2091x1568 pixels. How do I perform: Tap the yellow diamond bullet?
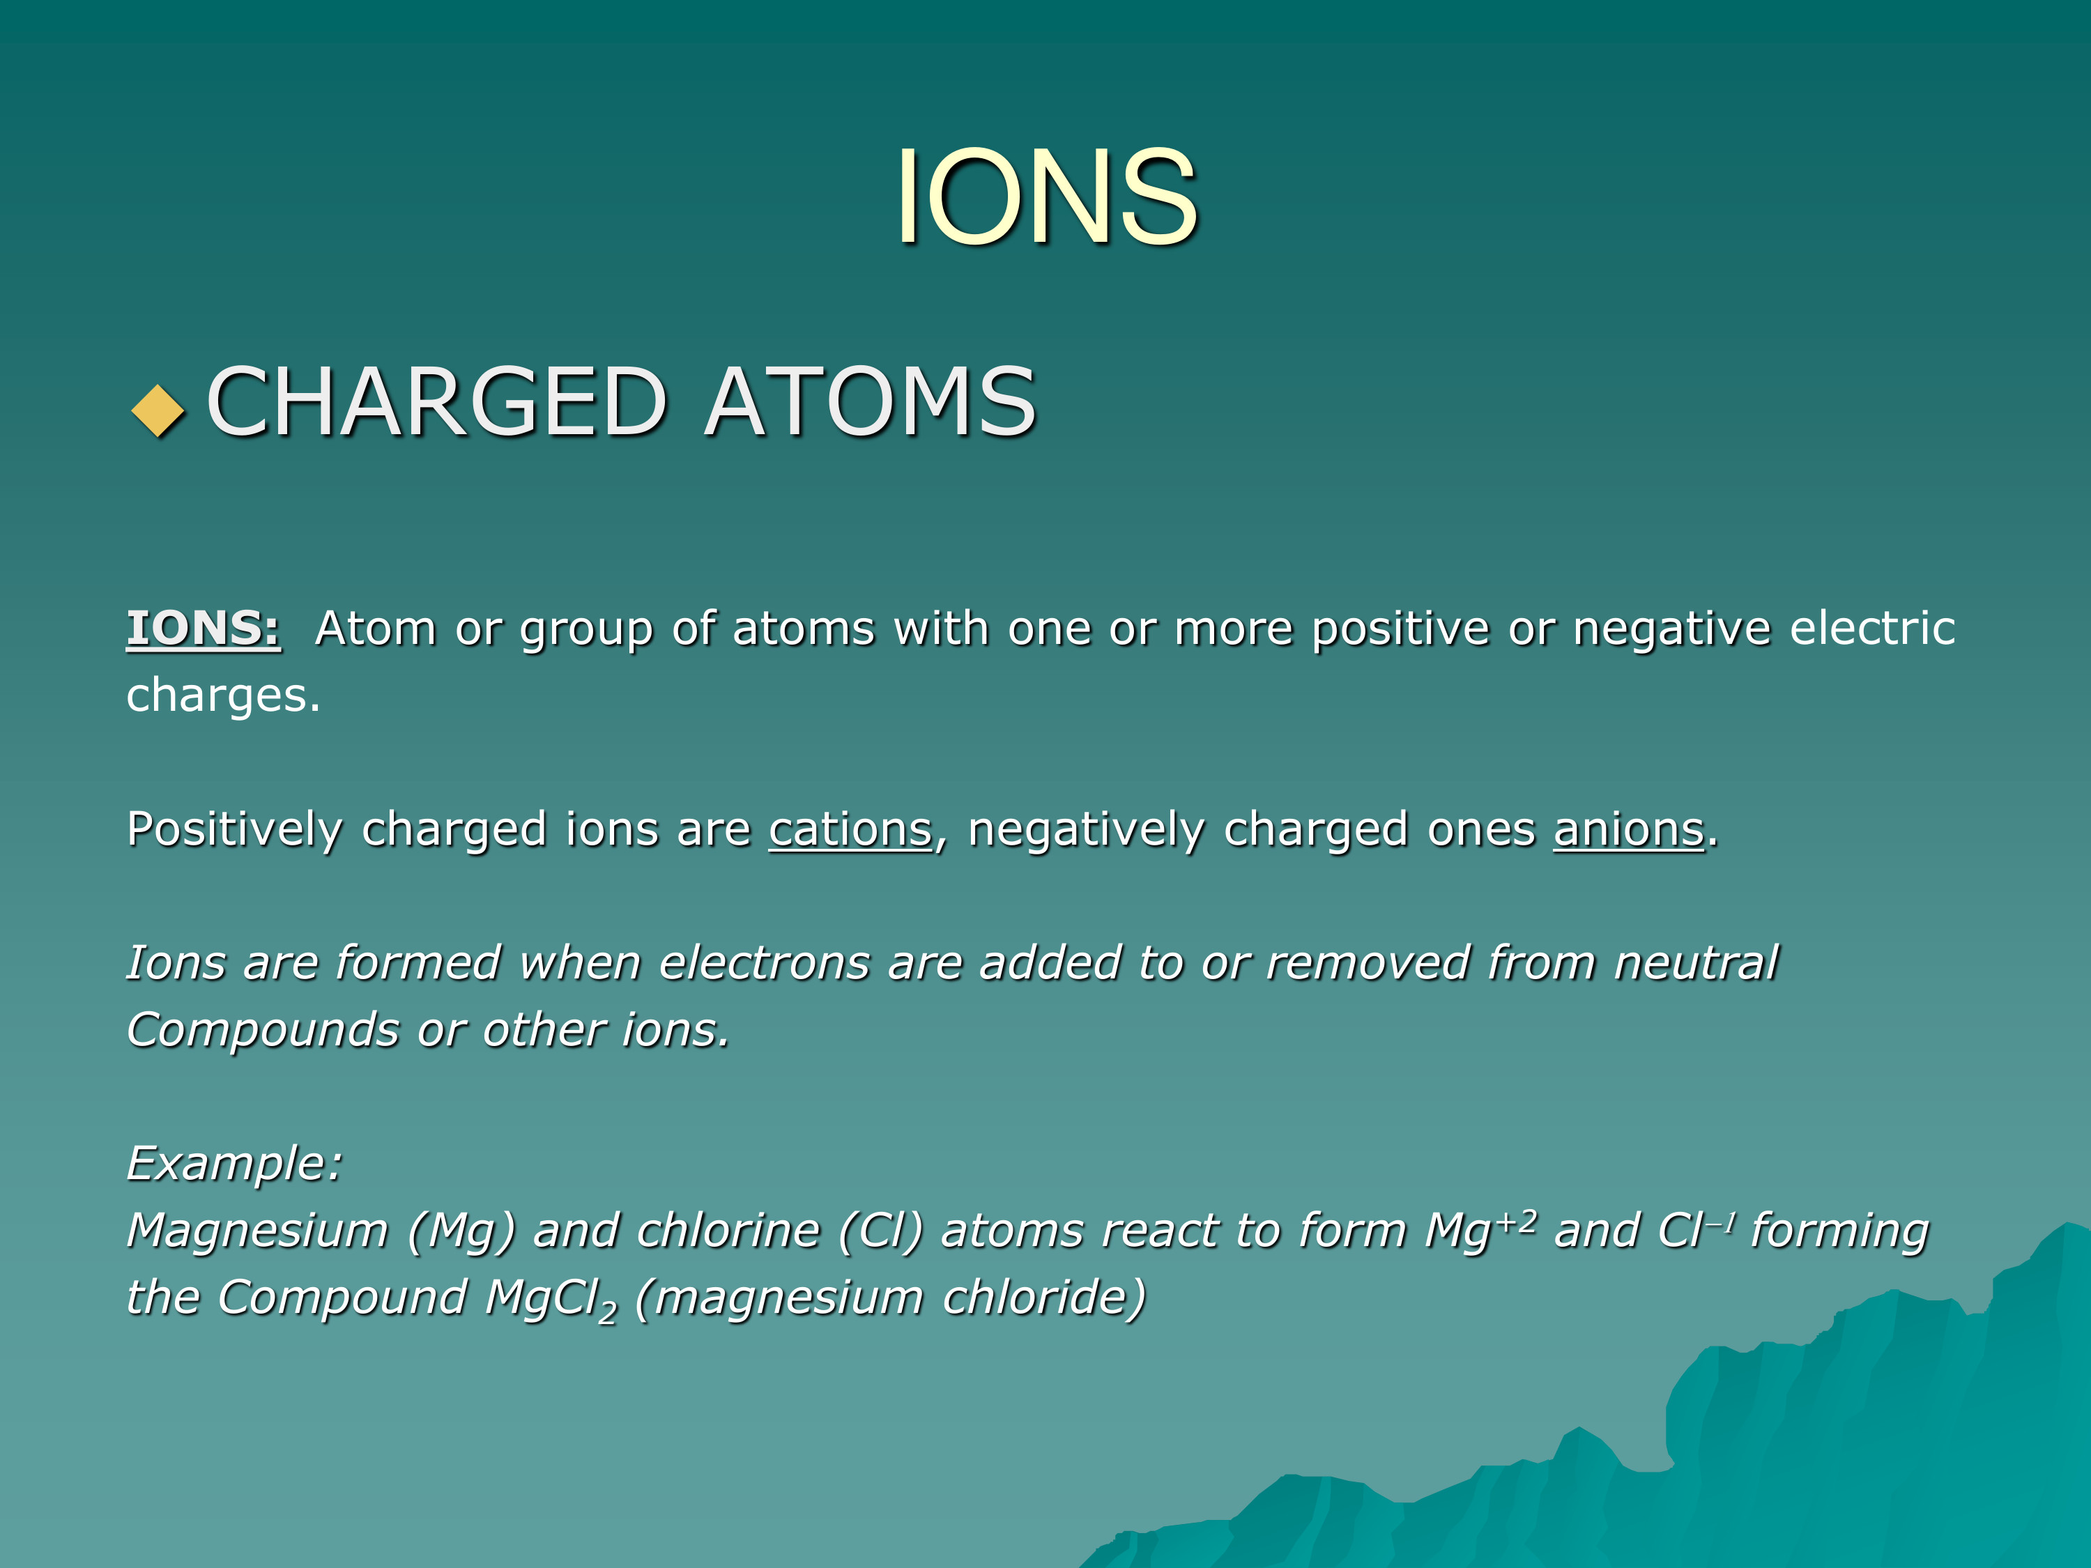pyautogui.click(x=158, y=411)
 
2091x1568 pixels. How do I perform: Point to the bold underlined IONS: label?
pyautogui.click(x=204, y=629)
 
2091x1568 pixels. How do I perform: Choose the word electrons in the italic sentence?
pyautogui.click(x=763, y=964)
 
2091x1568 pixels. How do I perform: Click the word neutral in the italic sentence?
pyautogui.click(x=1696, y=964)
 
